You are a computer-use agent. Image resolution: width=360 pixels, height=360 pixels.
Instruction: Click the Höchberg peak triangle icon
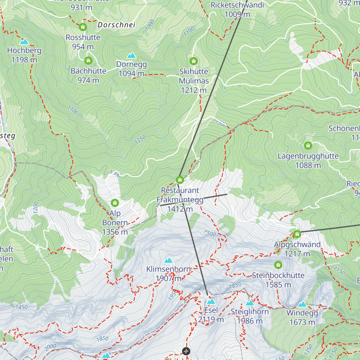click(x=24, y=42)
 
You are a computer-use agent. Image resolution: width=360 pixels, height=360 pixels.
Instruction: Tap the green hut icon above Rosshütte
click(x=83, y=27)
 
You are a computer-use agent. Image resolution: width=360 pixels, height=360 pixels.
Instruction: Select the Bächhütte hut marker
click(x=88, y=61)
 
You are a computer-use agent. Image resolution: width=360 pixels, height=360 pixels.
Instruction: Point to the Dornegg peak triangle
click(x=131, y=55)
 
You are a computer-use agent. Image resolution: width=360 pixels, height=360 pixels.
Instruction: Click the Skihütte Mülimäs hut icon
click(x=194, y=61)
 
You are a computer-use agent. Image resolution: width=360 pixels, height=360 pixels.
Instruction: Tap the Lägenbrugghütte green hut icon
click(x=308, y=146)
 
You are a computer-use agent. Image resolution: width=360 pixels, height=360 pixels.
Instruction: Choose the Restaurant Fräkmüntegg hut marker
click(x=180, y=180)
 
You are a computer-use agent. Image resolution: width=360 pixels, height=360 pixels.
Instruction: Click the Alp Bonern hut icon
click(x=115, y=203)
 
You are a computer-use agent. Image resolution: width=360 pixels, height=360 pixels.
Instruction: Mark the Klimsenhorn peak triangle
click(x=169, y=260)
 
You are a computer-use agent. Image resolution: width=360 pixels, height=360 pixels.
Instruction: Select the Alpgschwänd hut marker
click(x=297, y=234)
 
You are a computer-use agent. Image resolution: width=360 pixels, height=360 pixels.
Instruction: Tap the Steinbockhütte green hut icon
click(x=278, y=265)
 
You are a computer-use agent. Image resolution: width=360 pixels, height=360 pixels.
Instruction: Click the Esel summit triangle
click(x=211, y=301)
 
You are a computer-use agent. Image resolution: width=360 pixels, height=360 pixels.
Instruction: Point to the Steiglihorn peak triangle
click(x=250, y=303)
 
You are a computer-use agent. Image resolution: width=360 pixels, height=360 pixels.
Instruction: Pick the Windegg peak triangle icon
click(x=302, y=304)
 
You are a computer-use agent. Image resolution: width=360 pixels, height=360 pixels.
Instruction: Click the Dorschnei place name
click(x=116, y=25)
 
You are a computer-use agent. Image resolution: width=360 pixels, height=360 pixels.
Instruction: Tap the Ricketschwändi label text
click(x=237, y=5)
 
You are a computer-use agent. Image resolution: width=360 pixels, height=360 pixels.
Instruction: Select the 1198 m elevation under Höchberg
click(x=24, y=60)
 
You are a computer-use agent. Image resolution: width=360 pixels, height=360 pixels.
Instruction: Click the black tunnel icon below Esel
click(x=186, y=351)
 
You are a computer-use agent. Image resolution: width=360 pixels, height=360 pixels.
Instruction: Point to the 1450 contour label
click(x=22, y=307)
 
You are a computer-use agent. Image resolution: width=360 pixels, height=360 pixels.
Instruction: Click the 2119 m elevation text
click(x=211, y=320)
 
